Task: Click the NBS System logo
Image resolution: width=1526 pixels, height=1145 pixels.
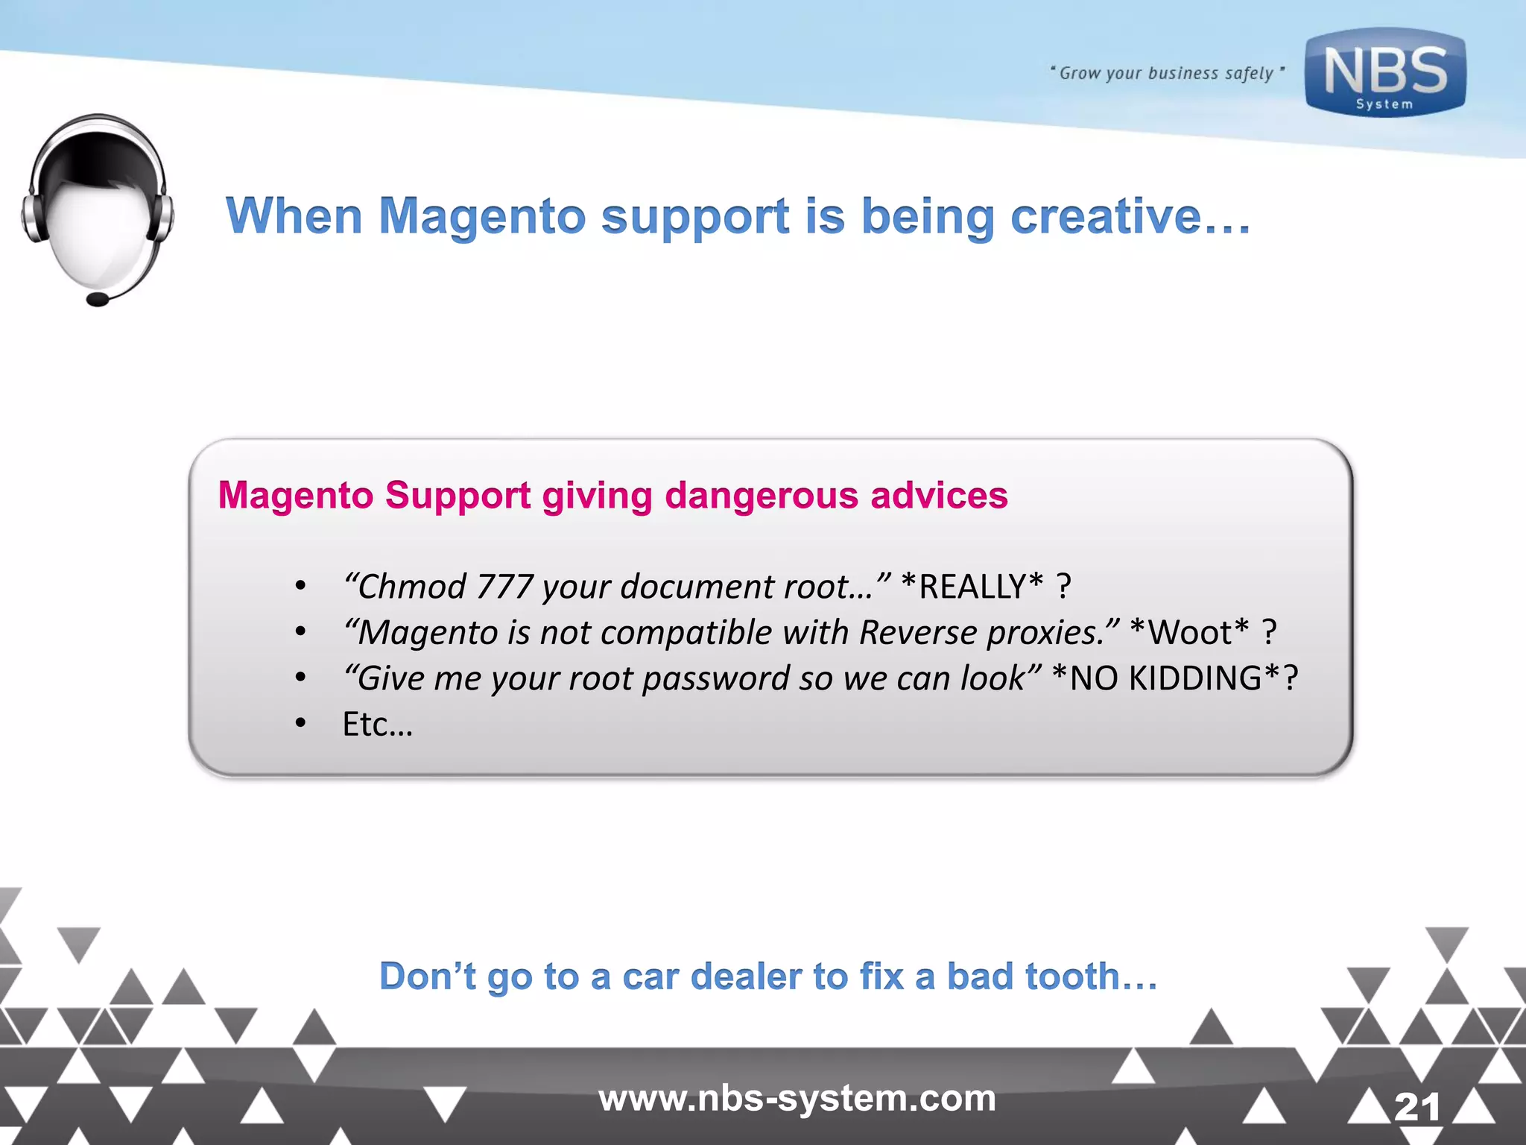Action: coord(1384,73)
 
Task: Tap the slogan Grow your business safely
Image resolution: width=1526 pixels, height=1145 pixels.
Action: coord(1166,73)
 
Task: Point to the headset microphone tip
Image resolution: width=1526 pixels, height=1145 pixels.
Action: coord(98,300)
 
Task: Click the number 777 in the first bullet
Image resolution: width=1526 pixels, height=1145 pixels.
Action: coord(504,587)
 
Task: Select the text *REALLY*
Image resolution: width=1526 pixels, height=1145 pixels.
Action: coord(972,587)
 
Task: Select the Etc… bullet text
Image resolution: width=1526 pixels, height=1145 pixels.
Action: coord(377,725)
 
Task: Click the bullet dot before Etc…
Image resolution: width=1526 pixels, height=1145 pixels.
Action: coord(300,723)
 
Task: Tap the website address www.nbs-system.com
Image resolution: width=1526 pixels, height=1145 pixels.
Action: coord(797,1098)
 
